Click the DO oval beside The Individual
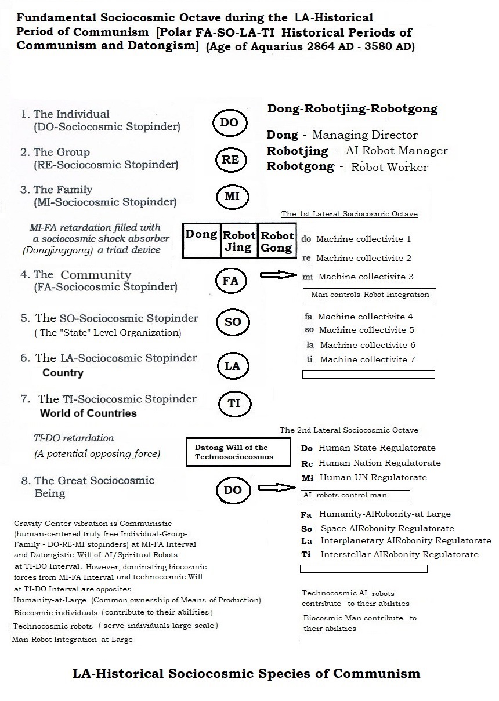click(229, 122)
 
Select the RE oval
click(230, 159)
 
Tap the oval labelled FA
click(231, 281)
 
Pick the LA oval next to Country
click(232, 366)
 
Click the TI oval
click(234, 403)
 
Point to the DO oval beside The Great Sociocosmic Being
click(232, 490)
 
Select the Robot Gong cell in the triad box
click(277, 241)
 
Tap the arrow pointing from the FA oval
click(277, 275)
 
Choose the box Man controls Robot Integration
click(369, 295)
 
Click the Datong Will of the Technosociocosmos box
click(237, 452)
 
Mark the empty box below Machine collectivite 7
click(368, 375)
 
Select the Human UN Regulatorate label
click(372, 478)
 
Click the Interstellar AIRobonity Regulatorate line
click(398, 554)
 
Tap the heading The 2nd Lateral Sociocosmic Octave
click(348, 430)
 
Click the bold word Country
click(63, 373)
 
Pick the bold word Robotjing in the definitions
click(292, 151)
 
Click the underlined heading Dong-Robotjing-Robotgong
click(352, 109)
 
